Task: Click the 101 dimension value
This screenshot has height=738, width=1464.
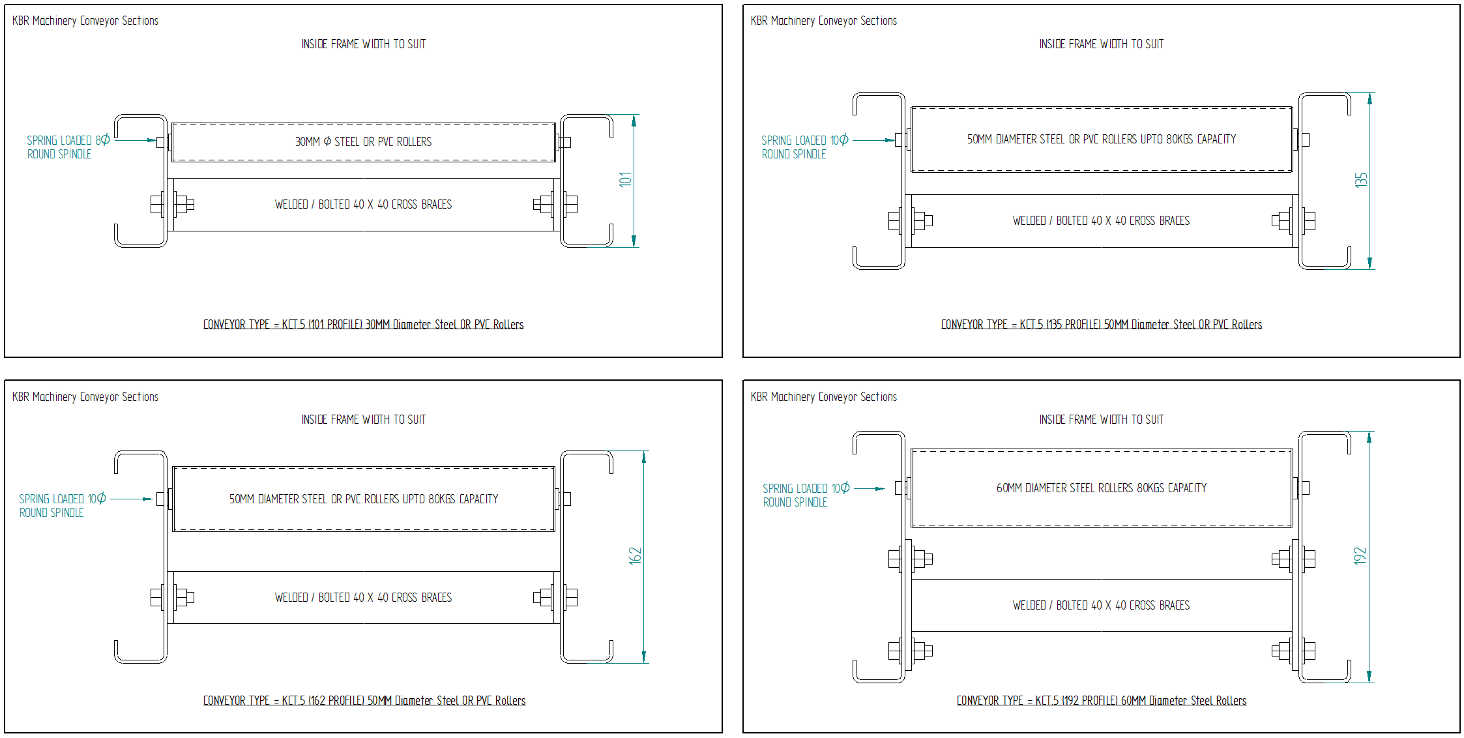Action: pyautogui.click(x=626, y=179)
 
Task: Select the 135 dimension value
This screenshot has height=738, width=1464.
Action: pyautogui.click(x=1361, y=180)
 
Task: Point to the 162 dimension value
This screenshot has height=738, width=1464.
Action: pyautogui.click(x=636, y=555)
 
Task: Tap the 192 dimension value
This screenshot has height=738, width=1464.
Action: pyautogui.click(x=1360, y=555)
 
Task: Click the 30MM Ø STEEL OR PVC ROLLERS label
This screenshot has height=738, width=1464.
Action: pyautogui.click(x=363, y=141)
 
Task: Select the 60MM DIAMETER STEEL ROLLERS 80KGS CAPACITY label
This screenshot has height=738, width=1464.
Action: pyautogui.click(x=1102, y=488)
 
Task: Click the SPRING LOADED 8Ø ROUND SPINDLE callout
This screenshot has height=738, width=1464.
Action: pyautogui.click(x=68, y=147)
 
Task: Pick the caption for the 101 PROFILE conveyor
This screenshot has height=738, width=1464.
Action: pyautogui.click(x=363, y=324)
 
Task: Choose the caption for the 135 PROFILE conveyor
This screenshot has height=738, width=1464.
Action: pyautogui.click(x=1102, y=324)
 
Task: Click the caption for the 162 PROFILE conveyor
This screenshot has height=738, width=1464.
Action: pyautogui.click(x=364, y=700)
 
